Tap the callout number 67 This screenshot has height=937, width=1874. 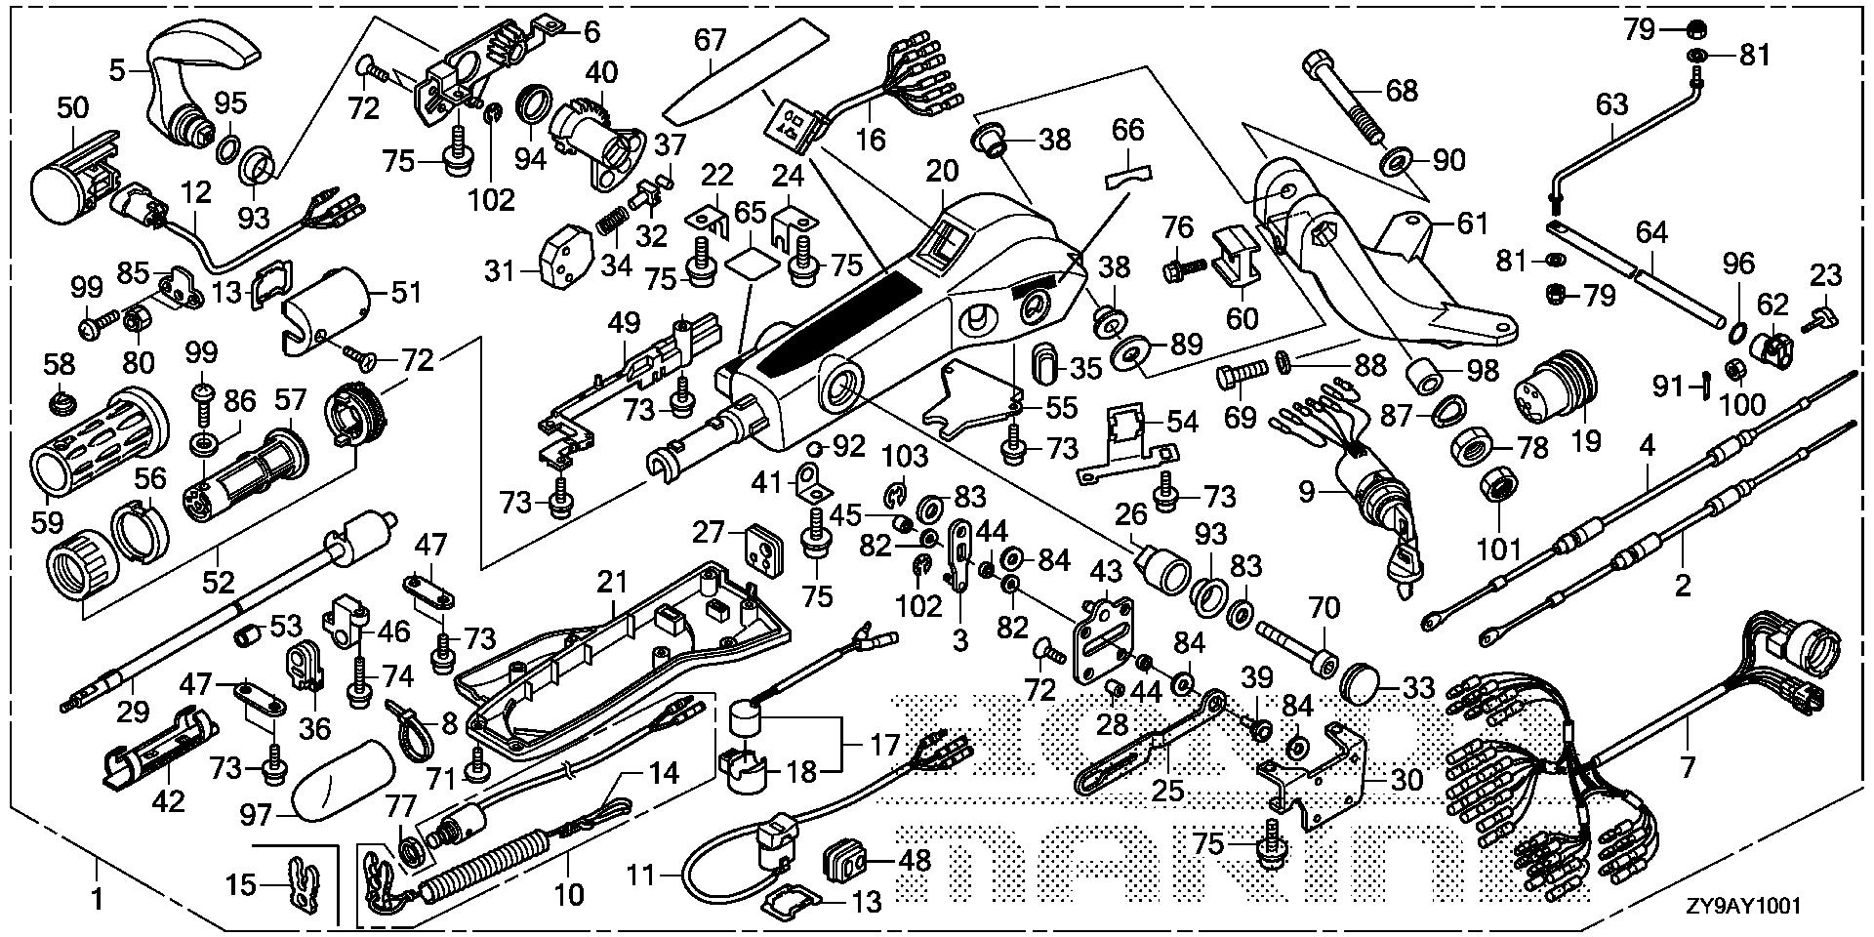click(x=711, y=41)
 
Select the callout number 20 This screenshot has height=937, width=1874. click(x=944, y=172)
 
